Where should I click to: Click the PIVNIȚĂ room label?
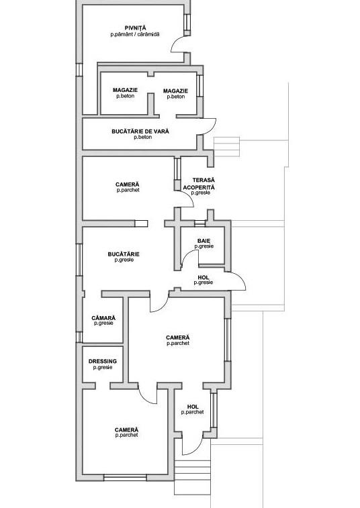[135, 28]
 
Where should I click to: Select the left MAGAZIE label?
[125, 90]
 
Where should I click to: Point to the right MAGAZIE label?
[175, 91]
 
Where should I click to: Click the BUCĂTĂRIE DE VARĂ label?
[140, 132]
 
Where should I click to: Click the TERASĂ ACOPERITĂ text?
[199, 184]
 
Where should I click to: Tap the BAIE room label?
[204, 241]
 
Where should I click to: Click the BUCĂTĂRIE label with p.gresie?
[124, 254]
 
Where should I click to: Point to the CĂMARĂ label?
[103, 318]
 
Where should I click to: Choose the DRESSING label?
[103, 361]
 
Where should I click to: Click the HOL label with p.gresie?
[204, 278]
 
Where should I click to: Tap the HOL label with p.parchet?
[193, 407]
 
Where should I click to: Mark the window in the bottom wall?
[125, 478]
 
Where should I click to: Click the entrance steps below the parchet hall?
[193, 473]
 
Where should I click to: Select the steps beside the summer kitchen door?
[226, 147]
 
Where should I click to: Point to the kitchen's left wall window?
[79, 260]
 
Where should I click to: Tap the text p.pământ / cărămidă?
[135, 34]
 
